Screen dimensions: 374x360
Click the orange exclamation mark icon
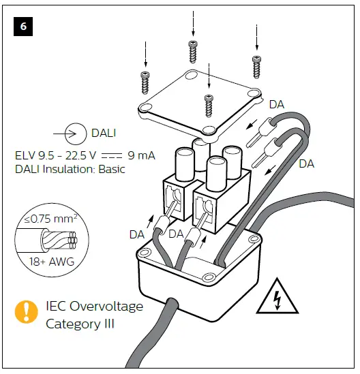(27, 311)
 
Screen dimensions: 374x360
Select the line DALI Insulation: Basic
(70, 169)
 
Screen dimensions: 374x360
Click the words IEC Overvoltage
(94, 306)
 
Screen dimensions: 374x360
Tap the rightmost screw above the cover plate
(256, 66)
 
